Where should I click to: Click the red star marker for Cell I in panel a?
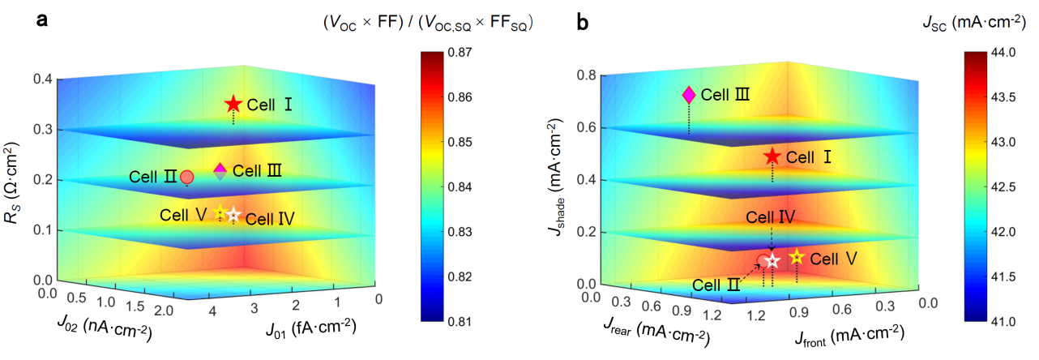point(233,104)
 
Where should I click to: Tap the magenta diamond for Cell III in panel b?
point(689,95)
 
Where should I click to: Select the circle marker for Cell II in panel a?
point(186,177)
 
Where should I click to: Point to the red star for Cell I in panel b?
point(772,156)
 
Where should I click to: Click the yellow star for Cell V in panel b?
point(797,257)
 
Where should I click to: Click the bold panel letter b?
point(582,24)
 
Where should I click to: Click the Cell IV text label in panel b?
point(770,216)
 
